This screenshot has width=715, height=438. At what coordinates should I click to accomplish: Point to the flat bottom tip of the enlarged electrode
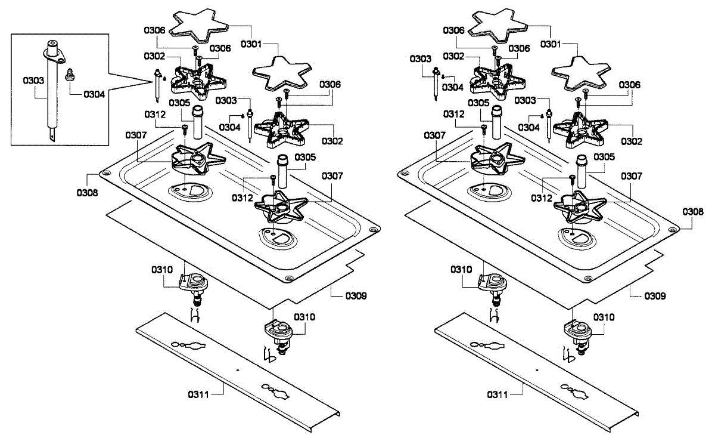click(53, 135)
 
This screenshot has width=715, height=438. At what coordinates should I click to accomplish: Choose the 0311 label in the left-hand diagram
click(199, 394)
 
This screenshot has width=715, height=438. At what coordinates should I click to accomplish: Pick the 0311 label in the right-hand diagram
click(498, 394)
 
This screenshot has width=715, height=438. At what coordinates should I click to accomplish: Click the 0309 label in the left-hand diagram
click(356, 295)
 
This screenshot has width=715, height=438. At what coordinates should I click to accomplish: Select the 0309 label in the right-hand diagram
click(655, 295)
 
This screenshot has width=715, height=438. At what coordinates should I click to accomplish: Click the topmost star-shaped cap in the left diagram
click(200, 24)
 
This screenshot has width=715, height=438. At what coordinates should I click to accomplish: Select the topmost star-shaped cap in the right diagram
click(499, 24)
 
